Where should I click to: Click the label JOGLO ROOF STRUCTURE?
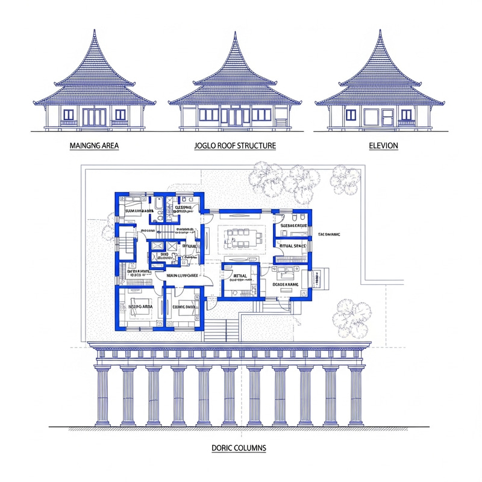(235, 146)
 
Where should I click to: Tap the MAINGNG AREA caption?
(94, 146)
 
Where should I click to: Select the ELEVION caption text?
(383, 146)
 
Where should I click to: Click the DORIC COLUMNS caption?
(239, 448)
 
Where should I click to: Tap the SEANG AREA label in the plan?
(139, 307)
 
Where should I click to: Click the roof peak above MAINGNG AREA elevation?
(94, 31)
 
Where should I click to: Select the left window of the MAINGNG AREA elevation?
(69, 114)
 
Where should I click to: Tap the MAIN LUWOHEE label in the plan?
(183, 275)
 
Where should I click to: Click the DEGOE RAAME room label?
(286, 284)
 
